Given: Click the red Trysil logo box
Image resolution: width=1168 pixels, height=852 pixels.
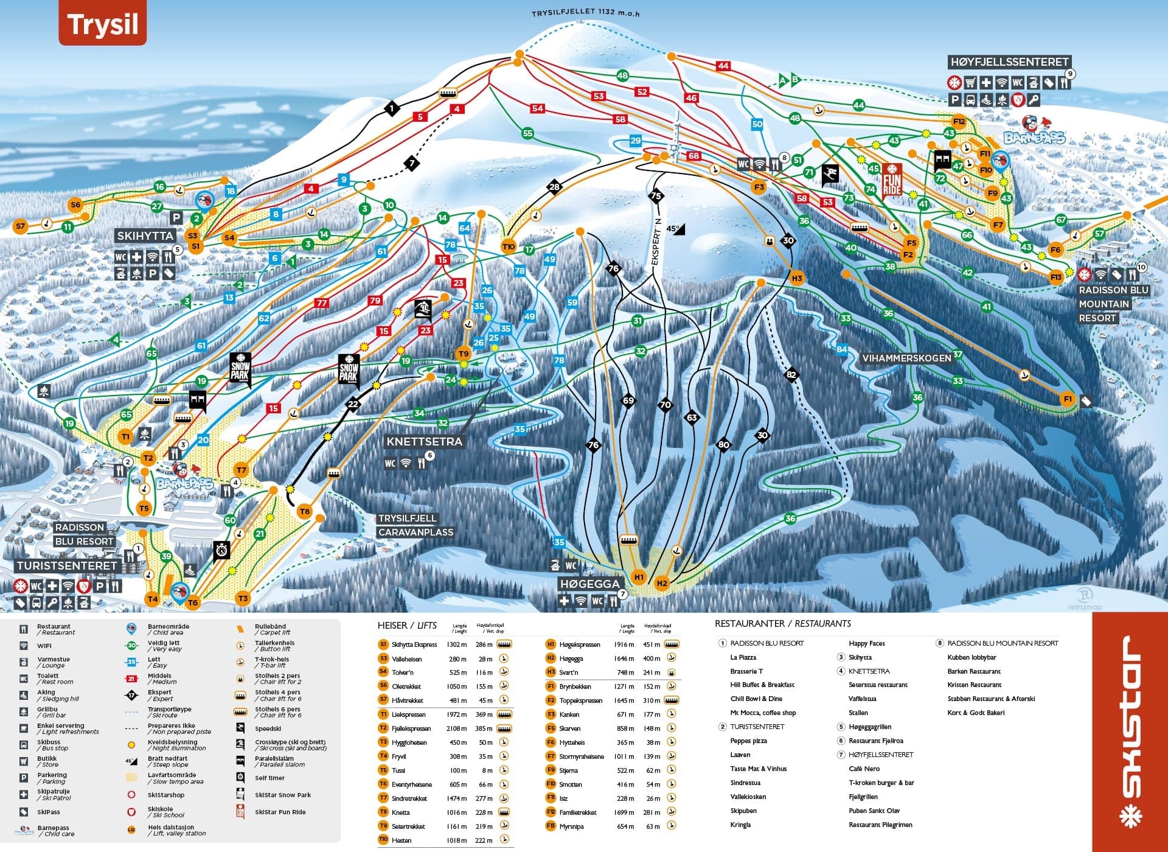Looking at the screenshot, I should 102,24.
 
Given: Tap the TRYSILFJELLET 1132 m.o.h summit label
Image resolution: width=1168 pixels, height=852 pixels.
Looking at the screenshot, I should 586,13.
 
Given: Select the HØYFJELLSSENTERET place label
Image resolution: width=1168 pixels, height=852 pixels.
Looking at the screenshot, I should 1009,62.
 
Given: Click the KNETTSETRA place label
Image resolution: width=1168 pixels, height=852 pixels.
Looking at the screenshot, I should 424,441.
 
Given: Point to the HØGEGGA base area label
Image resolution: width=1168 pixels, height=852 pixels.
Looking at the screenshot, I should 589,584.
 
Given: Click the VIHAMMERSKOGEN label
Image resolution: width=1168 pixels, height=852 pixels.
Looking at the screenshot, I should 906,358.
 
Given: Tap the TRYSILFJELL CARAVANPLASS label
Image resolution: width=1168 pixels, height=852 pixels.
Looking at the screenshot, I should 415,525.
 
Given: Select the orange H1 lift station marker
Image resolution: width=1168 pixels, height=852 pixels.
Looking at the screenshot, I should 638,577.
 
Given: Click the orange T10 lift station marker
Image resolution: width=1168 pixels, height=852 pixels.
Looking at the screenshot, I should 509,246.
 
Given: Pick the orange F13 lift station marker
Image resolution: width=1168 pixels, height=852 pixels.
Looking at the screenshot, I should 1055,277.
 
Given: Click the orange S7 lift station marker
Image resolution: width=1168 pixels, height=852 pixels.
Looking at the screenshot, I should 21,226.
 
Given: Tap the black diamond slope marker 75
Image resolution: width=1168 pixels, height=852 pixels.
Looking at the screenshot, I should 656,196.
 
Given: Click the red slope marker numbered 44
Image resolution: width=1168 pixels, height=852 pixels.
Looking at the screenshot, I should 723,66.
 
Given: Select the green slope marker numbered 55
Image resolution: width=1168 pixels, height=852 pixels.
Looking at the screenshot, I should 527,133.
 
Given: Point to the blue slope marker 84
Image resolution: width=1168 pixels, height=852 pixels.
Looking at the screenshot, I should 841,349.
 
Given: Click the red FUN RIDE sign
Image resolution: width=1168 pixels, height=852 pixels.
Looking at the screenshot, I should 892,179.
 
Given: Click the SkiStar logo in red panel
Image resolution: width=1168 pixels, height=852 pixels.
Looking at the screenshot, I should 1130,730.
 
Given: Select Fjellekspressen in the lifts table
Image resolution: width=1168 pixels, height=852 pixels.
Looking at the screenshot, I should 411,728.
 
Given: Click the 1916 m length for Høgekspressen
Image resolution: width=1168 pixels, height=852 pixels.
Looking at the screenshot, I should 627,644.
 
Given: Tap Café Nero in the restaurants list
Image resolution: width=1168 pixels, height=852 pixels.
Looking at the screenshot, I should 864,769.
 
